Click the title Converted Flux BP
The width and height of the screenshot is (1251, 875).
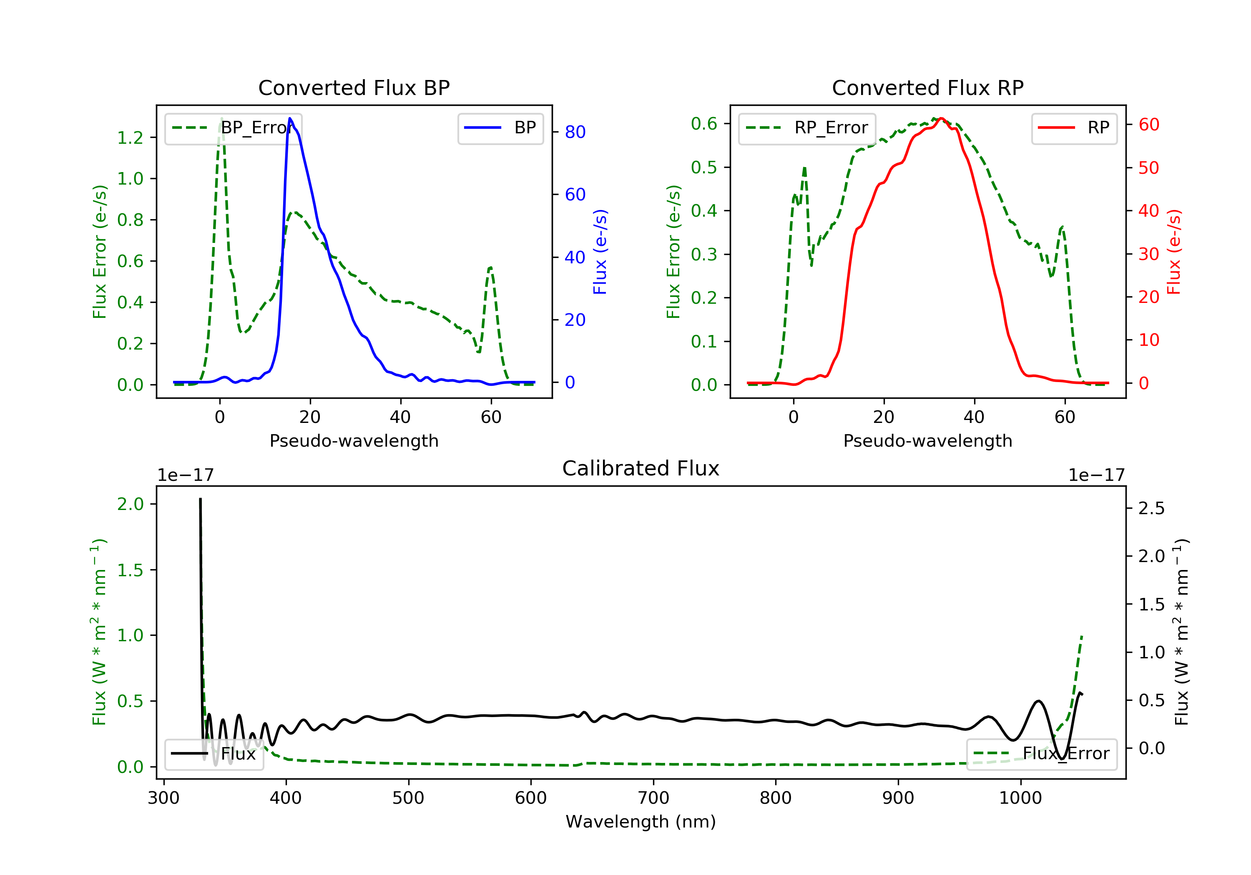click(x=354, y=87)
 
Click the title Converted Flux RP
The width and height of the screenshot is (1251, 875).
click(x=927, y=87)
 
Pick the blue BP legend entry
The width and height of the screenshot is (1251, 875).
click(x=500, y=128)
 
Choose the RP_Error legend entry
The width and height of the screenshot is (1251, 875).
click(x=807, y=128)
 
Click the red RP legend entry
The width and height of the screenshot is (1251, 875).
click(x=1074, y=128)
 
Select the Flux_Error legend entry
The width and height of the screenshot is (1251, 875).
click(x=1041, y=754)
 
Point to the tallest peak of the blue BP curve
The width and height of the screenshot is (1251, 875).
click(x=290, y=118)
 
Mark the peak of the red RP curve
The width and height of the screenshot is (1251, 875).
click(x=941, y=118)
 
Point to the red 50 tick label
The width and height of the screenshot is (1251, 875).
click(x=1148, y=167)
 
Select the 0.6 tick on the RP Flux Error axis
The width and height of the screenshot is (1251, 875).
click(x=704, y=124)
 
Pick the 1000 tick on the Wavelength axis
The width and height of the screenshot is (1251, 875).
click(x=1020, y=798)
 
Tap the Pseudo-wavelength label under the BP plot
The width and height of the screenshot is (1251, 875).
click(x=354, y=441)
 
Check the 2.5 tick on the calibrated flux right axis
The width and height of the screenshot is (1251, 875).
click(x=1151, y=509)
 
